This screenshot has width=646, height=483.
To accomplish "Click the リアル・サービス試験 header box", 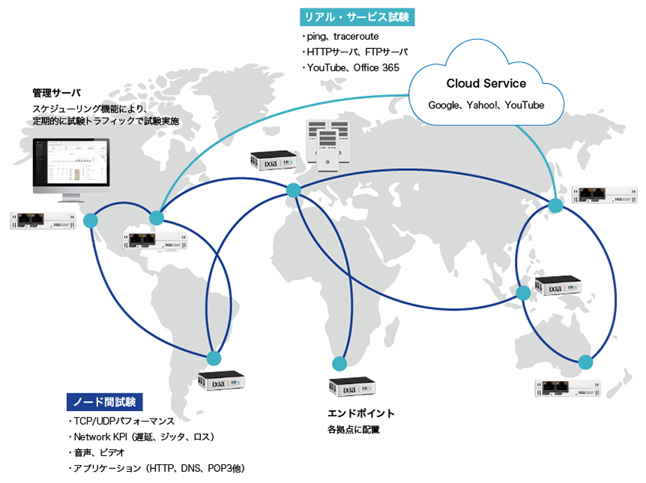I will [357, 16].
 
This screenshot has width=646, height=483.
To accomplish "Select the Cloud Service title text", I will [486, 83].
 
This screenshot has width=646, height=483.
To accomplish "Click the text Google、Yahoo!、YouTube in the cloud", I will [486, 106].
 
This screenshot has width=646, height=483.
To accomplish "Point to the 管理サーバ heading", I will [56, 94].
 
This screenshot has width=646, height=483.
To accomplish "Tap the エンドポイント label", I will [361, 413].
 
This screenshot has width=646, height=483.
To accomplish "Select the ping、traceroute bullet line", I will [341, 36].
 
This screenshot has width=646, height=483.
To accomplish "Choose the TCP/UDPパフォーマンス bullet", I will [121, 421].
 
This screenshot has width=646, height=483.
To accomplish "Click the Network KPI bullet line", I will [142, 436].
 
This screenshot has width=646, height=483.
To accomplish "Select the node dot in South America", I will [214, 358].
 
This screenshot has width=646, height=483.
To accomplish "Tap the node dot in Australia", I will [585, 362].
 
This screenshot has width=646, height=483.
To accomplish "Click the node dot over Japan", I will [555, 205].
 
